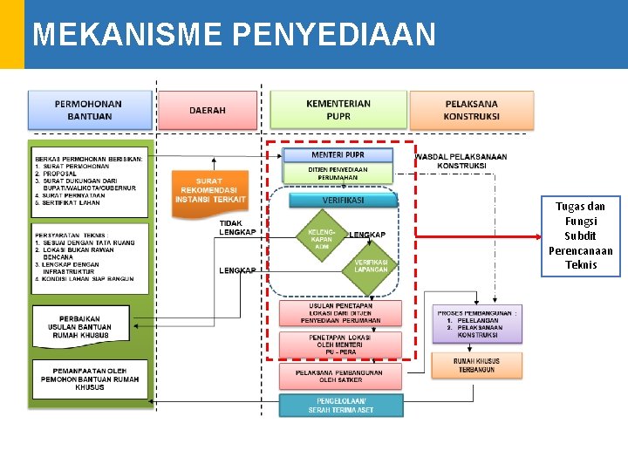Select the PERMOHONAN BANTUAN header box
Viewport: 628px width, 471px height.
[x=89, y=110]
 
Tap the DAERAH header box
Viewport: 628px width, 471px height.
[x=208, y=111]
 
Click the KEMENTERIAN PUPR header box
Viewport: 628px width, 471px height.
[x=338, y=110]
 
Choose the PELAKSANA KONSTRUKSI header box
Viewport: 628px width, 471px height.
[x=472, y=110]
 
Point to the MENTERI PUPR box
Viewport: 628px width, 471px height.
[x=338, y=155]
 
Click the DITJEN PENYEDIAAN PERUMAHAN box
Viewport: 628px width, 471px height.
[x=338, y=174]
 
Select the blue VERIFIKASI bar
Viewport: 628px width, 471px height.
[x=343, y=200]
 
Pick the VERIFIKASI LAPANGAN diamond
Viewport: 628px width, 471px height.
[x=371, y=266]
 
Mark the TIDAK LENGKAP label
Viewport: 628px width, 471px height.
[x=237, y=227]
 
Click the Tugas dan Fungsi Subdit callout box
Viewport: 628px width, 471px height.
[x=580, y=235]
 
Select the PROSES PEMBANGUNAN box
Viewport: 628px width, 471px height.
[x=478, y=324]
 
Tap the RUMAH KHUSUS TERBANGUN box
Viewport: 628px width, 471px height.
[x=476, y=365]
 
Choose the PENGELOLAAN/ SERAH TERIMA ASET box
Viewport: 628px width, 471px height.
[x=341, y=406]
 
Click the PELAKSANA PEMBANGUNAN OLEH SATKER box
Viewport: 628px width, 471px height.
[x=340, y=376]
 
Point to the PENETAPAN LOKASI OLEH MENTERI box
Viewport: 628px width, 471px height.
[x=340, y=343]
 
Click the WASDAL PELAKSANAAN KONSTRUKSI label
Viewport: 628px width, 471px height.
[x=461, y=161]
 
